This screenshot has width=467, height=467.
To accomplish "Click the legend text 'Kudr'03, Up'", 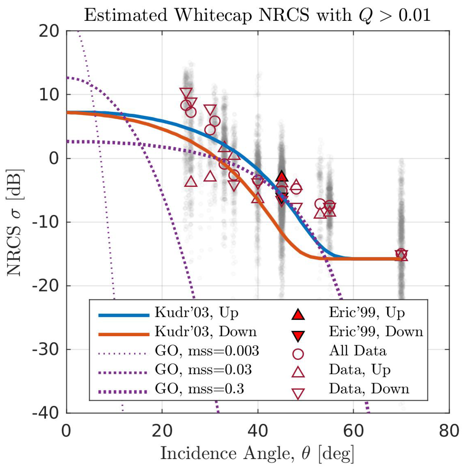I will click(x=196, y=313).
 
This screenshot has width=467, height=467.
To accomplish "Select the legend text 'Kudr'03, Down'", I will click(x=206, y=332).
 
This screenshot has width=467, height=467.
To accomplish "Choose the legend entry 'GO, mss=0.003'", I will click(x=207, y=351).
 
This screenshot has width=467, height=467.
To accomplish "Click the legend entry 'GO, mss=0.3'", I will click(x=199, y=389).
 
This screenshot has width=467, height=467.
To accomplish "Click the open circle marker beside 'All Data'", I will click(x=298, y=354).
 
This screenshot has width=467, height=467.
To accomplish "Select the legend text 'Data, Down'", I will click(x=369, y=389).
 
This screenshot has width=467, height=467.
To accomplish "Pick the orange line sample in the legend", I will click(x=124, y=334).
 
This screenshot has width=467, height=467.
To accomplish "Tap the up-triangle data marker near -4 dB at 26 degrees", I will click(x=191, y=182).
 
